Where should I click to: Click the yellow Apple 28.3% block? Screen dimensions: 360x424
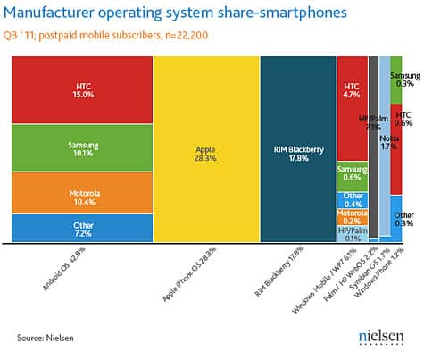pos(205,148)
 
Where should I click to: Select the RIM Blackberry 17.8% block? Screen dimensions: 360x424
pos(297,148)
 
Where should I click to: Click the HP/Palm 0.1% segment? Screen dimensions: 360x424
pos(352,234)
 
